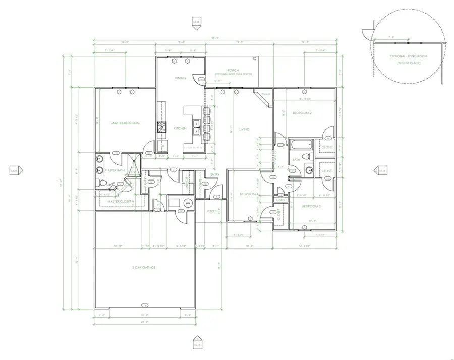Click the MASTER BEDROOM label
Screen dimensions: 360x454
pyautogui.click(x=125, y=123)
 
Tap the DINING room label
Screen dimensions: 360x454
pyautogui.click(x=180, y=78)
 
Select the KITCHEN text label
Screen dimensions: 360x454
pyautogui.click(x=180, y=129)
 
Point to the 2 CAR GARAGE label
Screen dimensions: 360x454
pyautogui.click(x=144, y=267)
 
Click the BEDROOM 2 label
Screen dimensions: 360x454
pyautogui.click(x=303, y=113)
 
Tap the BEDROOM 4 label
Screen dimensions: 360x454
pyautogui.click(x=249, y=194)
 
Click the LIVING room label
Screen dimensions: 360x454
pyautogui.click(x=244, y=130)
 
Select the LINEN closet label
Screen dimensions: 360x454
pyautogui.click(x=281, y=200)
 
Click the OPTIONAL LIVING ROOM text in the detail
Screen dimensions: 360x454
pyautogui.click(x=409, y=56)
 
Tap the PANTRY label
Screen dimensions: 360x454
pyautogui.click(x=145, y=186)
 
